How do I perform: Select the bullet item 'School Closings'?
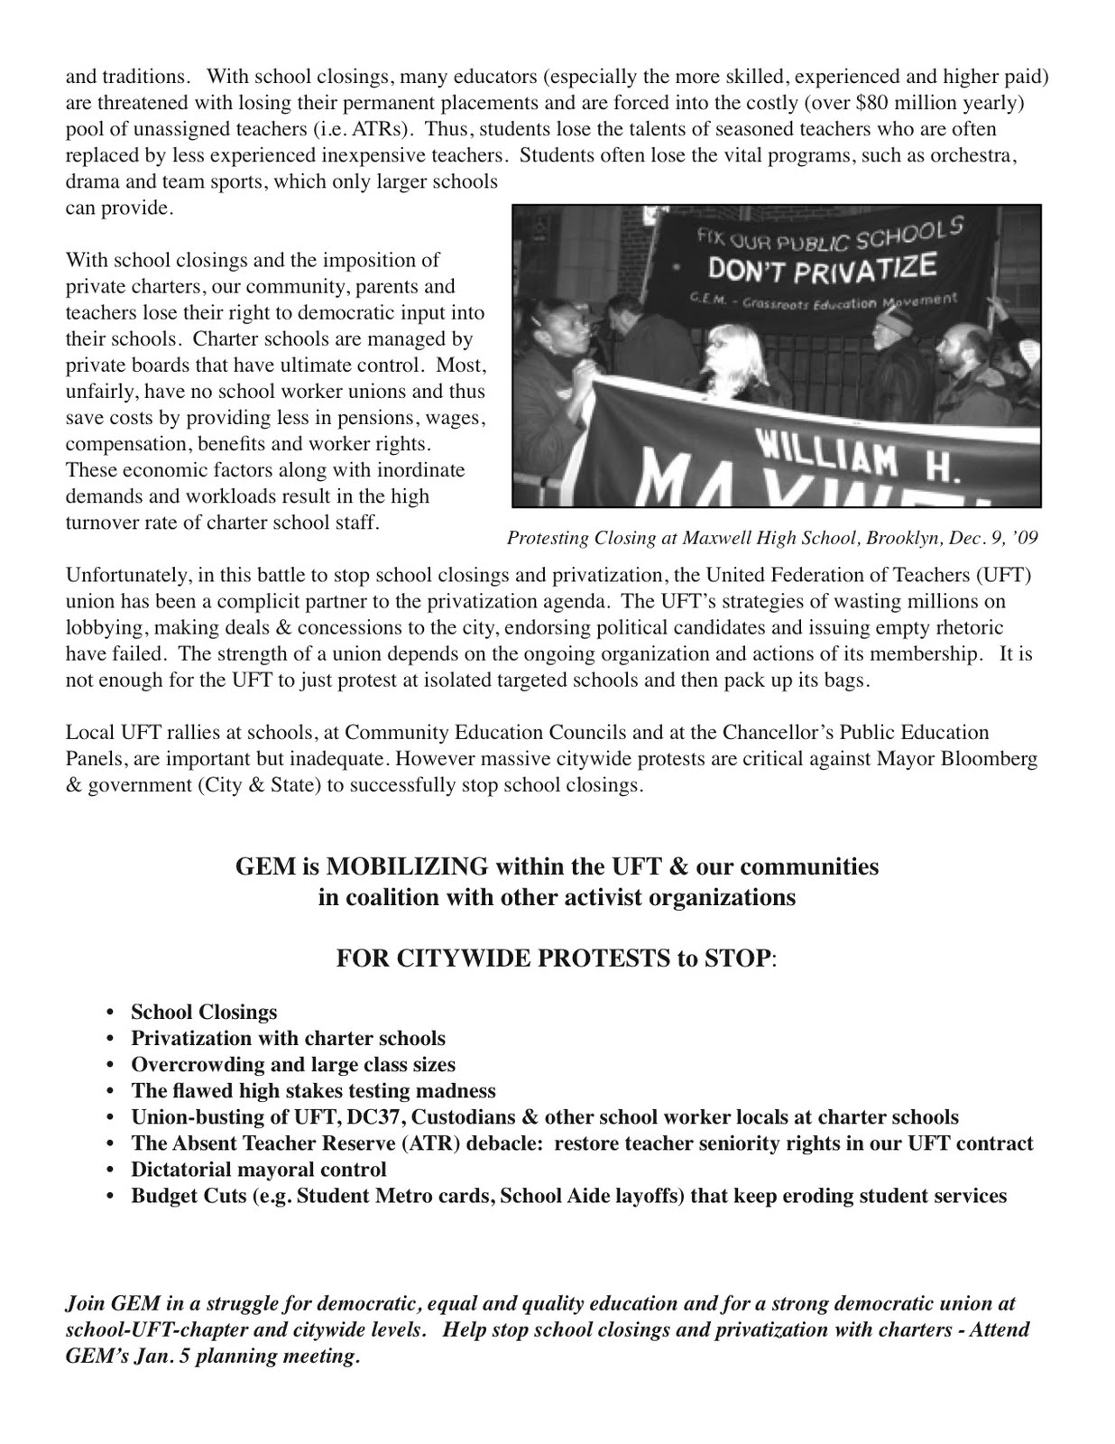click(x=204, y=1012)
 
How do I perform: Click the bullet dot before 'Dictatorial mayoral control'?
click(x=111, y=1171)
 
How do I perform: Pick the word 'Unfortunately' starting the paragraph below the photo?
click(x=122, y=575)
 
